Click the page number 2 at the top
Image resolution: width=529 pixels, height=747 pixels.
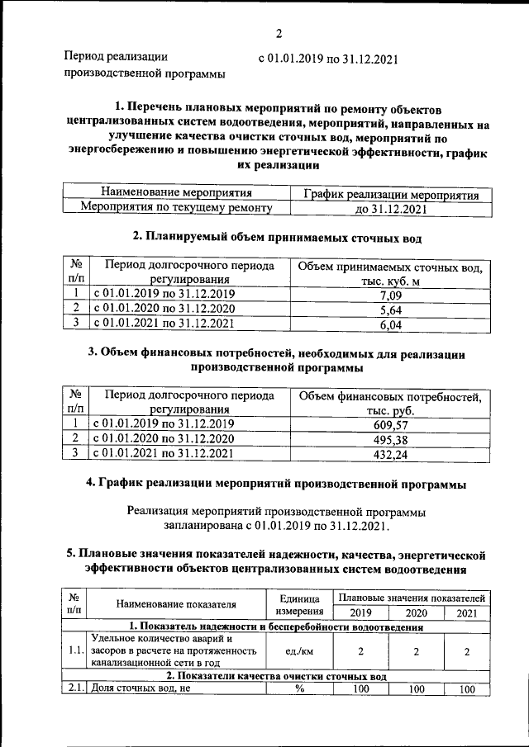(x=279, y=34)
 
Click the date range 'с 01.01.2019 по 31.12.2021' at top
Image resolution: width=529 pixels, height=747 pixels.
(x=329, y=59)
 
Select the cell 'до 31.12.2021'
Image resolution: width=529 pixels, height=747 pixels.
(x=390, y=210)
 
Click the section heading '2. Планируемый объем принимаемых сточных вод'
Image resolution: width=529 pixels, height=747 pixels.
(x=278, y=238)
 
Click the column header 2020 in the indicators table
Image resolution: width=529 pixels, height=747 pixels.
(x=417, y=612)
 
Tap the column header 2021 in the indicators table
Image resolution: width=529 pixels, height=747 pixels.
(x=467, y=612)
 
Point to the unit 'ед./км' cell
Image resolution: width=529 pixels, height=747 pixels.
(x=297, y=651)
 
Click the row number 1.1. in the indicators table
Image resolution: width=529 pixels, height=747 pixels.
(x=75, y=651)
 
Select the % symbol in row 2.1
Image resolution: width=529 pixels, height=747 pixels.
(x=297, y=689)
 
